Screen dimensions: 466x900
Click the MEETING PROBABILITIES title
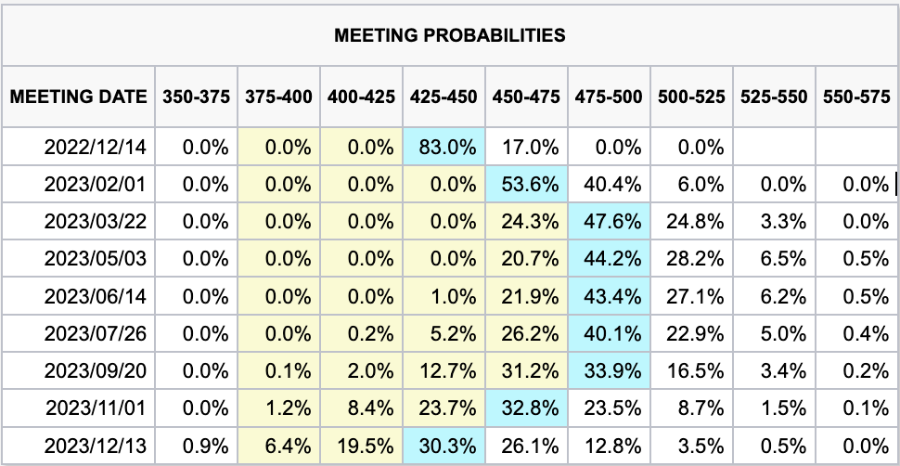[450, 36]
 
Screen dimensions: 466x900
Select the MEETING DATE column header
[79, 97]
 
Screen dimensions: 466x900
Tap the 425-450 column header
[444, 97]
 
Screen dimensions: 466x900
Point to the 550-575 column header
[856, 97]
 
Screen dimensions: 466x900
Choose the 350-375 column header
[196, 97]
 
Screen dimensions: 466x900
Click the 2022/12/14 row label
[96, 147]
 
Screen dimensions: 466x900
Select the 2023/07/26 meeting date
[96, 332]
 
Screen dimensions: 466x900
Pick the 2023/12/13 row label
[96, 444]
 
